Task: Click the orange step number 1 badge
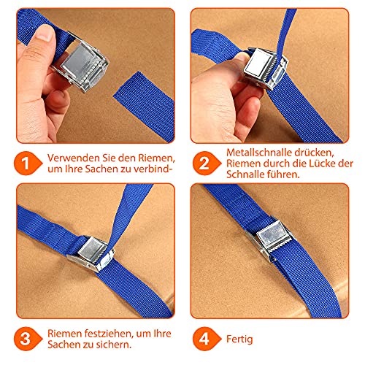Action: (28, 164)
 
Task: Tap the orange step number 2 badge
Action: (207, 164)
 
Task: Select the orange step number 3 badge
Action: (28, 339)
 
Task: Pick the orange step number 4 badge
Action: (207, 339)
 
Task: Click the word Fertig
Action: (239, 339)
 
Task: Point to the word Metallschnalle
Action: (259, 153)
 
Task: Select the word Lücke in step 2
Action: (323, 164)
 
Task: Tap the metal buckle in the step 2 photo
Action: (265, 69)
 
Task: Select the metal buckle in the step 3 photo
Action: (91, 253)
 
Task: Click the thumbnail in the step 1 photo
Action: (46, 33)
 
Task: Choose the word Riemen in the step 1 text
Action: (156, 158)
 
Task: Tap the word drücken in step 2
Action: (314, 153)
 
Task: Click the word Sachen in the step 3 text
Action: (64, 345)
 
